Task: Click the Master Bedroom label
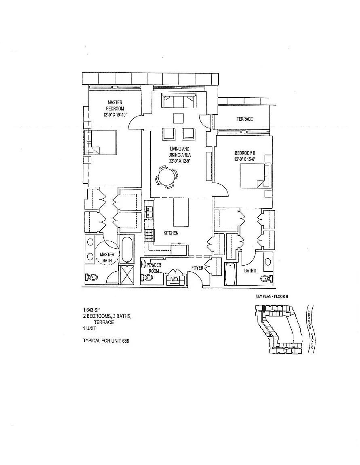(115, 105)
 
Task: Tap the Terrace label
(244, 119)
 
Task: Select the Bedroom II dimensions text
(245, 159)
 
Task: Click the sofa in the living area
(179, 101)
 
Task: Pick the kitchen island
(181, 212)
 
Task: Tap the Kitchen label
(171, 233)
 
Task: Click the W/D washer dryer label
(175, 279)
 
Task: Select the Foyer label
(197, 268)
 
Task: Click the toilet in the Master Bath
(92, 278)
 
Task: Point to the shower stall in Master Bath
(126, 275)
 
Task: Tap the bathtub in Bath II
(231, 274)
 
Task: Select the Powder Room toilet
(147, 278)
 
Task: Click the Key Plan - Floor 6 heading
(272, 296)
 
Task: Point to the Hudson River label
(310, 329)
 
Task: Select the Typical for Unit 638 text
(106, 341)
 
